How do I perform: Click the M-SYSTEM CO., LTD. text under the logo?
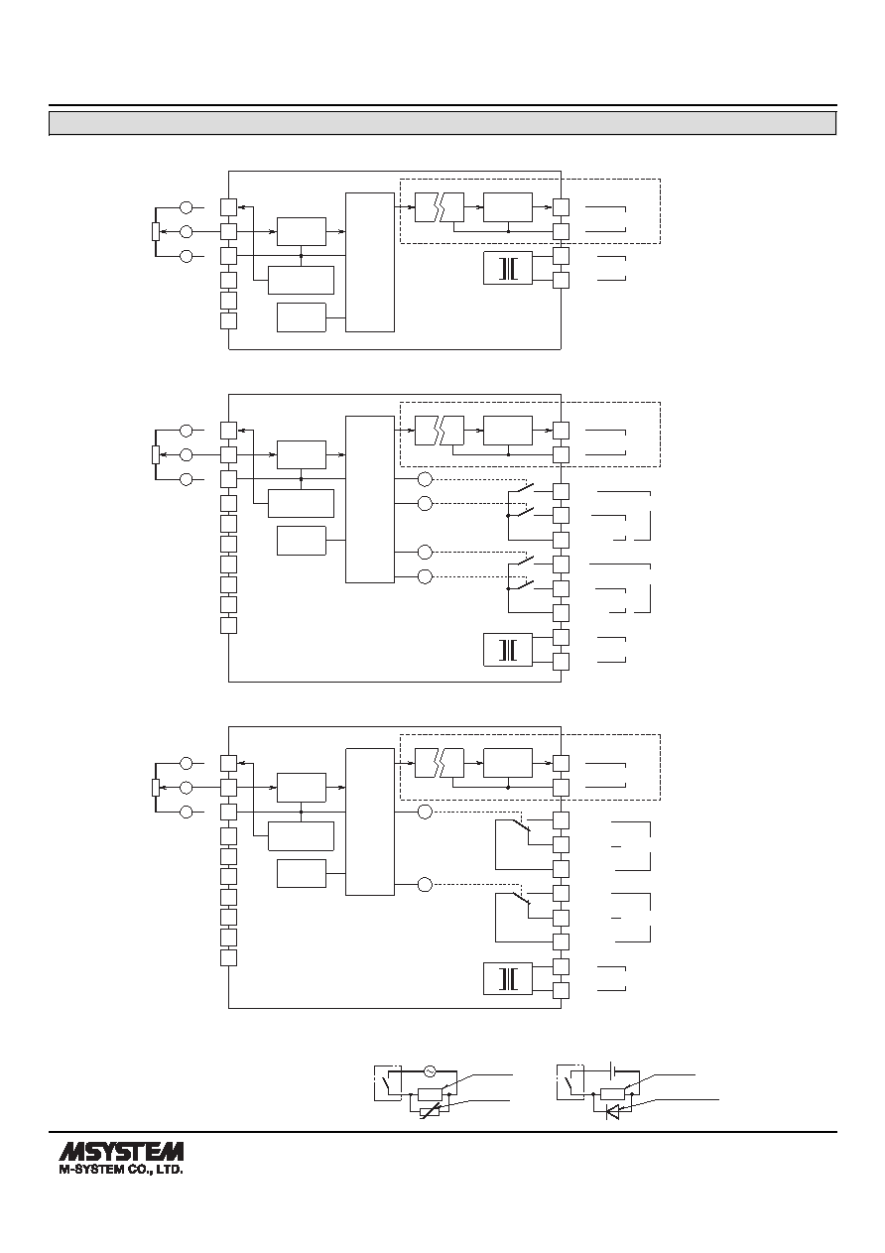[121, 1170]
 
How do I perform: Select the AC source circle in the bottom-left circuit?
[429, 1070]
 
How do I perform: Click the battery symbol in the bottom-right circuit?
[612, 1070]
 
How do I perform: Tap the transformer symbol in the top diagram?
[508, 269]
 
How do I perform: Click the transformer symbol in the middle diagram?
[508, 650]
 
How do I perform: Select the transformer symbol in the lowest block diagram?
[508, 978]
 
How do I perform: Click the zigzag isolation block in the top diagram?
[440, 207]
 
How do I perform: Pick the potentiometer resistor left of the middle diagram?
[156, 454]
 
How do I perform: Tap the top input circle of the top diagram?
[187, 207]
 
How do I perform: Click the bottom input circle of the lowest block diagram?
[187, 812]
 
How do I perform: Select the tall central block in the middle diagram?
[370, 499]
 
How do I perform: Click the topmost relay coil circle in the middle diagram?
[426, 479]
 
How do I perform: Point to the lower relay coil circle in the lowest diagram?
[426, 885]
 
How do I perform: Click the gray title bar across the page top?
[442, 123]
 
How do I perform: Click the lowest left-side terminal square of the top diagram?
[228, 321]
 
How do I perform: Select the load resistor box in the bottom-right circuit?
[612, 1093]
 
